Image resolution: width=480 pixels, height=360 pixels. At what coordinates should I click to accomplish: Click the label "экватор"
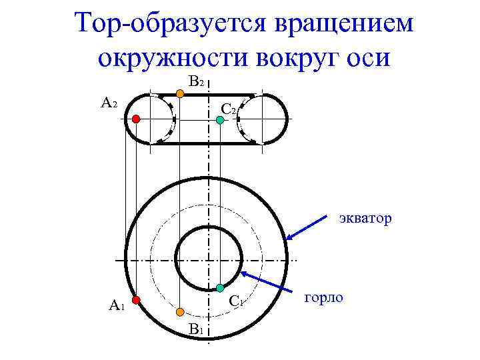[364, 218]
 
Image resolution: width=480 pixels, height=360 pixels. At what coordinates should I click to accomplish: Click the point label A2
[109, 104]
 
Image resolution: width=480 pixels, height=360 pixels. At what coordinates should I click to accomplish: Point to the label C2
[228, 108]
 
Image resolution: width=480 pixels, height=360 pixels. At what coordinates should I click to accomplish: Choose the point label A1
[117, 306]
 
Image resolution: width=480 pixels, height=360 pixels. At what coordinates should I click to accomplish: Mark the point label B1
[195, 329]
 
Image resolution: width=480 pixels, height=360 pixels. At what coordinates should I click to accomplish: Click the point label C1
[235, 301]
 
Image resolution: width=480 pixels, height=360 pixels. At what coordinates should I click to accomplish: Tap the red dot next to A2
[135, 119]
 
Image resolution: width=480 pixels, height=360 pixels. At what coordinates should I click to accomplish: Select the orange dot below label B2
[180, 94]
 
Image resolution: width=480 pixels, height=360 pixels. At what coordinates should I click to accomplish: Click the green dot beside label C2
[219, 120]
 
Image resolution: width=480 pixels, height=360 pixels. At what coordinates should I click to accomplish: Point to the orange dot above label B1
[180, 311]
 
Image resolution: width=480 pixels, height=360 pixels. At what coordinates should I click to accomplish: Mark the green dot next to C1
[219, 288]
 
